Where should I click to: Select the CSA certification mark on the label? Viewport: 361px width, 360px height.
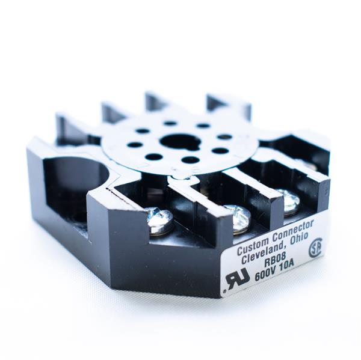315,249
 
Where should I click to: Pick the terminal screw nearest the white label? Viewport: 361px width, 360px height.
289,201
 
